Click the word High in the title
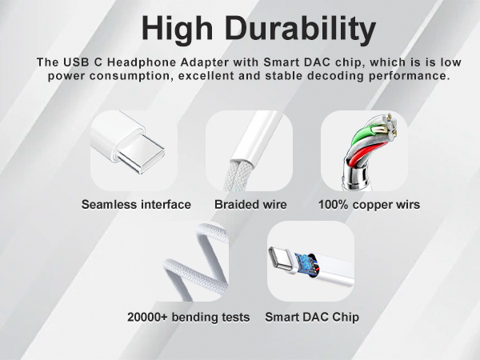[x=179, y=29]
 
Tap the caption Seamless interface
[x=136, y=204]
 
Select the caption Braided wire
[x=250, y=204]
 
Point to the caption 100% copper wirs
[x=369, y=204]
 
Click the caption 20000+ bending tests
[x=188, y=317]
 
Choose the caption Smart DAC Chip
[x=311, y=317]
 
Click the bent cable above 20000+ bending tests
[x=192, y=264]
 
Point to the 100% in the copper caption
[x=332, y=204]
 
